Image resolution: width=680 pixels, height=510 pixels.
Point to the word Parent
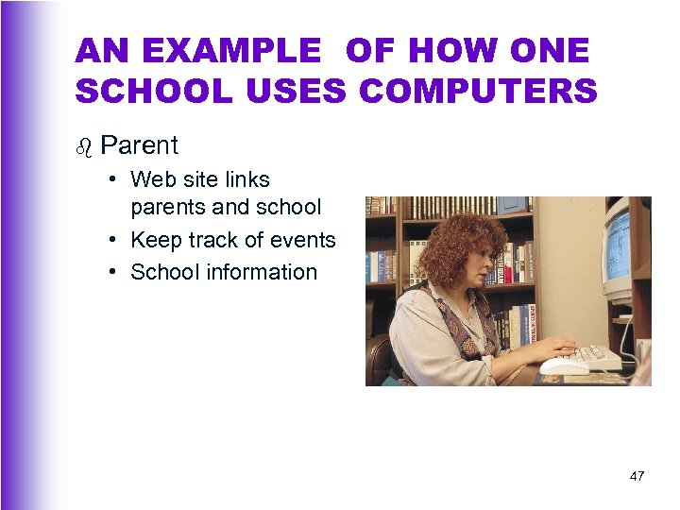tap(139, 145)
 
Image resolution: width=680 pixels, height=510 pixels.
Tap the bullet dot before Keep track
tap(111, 240)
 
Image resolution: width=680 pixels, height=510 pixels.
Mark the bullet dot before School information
tap(111, 272)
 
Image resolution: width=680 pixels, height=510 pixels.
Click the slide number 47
tap(637, 476)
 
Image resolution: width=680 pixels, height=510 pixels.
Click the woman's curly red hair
tap(451, 247)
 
